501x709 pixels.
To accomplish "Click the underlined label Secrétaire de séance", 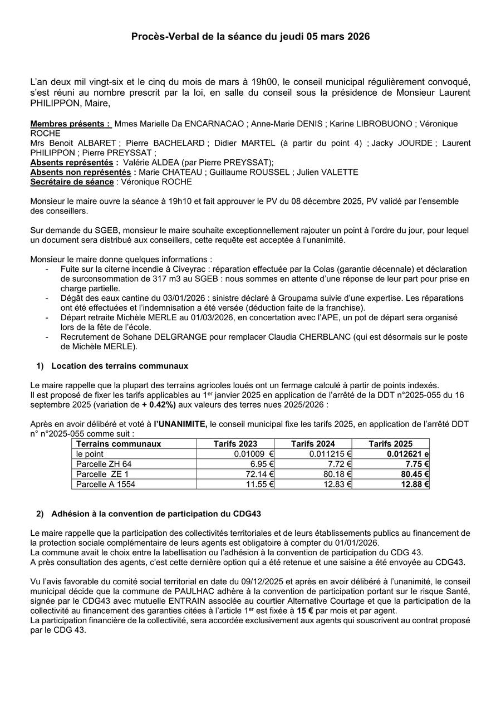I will click(72, 182).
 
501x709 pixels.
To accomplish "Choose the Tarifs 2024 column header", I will click(313, 444).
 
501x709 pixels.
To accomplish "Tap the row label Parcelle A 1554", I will click(106, 484).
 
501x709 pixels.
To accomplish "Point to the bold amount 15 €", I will click(304, 611).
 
